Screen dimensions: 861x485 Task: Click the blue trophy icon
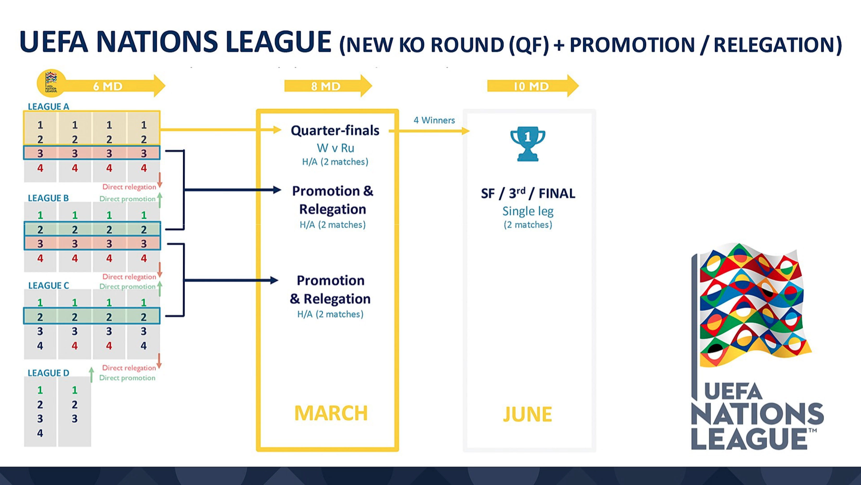coord(528,144)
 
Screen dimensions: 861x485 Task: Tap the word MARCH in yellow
coord(331,413)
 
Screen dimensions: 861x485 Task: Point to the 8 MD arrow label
coord(326,86)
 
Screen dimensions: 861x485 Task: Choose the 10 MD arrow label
coord(531,86)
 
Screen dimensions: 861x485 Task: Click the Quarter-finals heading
coord(335,130)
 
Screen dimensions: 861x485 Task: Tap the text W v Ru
coord(335,148)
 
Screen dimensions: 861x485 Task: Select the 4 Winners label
coord(434,120)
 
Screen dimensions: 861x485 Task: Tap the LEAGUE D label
coord(49,373)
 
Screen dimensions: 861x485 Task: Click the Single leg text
coord(528,211)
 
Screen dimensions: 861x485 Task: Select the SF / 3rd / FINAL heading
coord(528,193)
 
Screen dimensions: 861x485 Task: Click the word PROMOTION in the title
coord(632,45)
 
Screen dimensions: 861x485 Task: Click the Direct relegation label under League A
coord(129,187)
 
